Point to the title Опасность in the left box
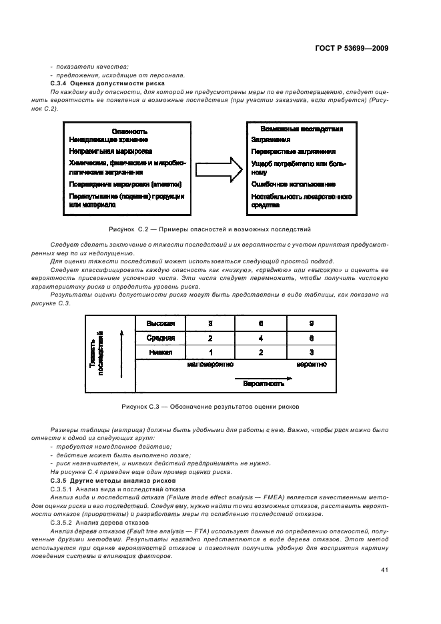130,131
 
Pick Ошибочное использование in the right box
284,184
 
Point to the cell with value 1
210,352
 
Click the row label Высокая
160,323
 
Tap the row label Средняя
160,338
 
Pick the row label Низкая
160,352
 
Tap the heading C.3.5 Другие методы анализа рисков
103,480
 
